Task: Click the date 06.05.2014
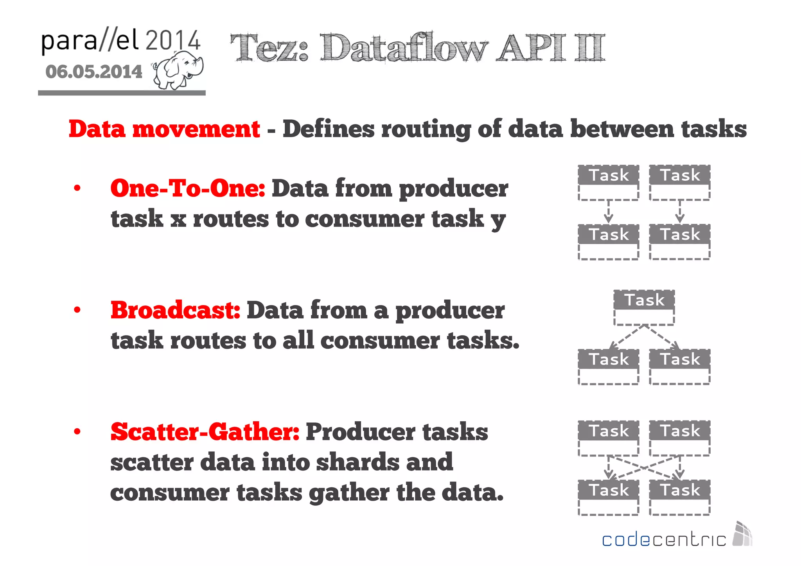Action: coord(94,72)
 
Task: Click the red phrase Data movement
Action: coord(164,129)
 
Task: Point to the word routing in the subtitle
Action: coord(426,129)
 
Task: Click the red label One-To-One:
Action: coord(188,188)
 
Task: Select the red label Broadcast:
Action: coord(175,310)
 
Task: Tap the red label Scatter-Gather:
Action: coord(205,432)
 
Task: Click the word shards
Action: coord(357,462)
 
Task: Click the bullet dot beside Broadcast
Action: coord(77,310)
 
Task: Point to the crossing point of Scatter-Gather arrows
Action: coord(644,467)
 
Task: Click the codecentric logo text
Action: coord(664,540)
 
